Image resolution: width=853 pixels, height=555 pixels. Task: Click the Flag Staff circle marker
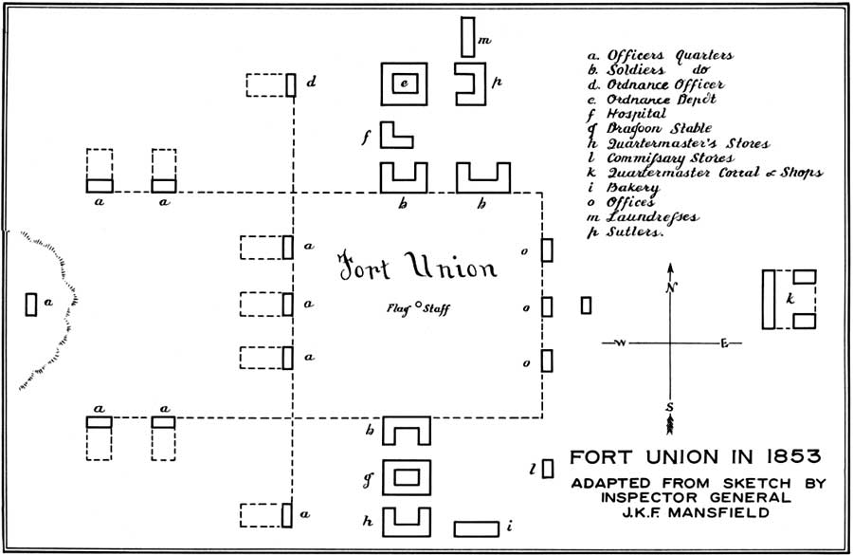coord(418,305)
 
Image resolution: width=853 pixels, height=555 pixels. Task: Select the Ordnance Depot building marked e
coord(404,83)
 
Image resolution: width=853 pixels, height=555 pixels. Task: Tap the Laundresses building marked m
coord(468,37)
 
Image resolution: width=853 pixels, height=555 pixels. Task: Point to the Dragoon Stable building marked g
coord(407,477)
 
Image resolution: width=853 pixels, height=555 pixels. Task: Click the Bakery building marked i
coord(477,528)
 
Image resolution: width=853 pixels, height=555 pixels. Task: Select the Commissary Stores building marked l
coord(548,469)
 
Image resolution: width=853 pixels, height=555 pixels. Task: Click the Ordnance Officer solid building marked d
coord(291,85)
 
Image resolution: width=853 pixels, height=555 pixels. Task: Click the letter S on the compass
coord(670,407)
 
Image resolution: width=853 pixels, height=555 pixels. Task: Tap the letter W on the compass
coord(621,343)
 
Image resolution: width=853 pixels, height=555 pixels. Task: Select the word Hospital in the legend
coord(636,114)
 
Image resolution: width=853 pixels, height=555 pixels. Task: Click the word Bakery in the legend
coord(633,188)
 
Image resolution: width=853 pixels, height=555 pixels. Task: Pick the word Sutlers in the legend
coord(635,231)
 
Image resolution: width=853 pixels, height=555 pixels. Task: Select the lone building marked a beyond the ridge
coord(31,305)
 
